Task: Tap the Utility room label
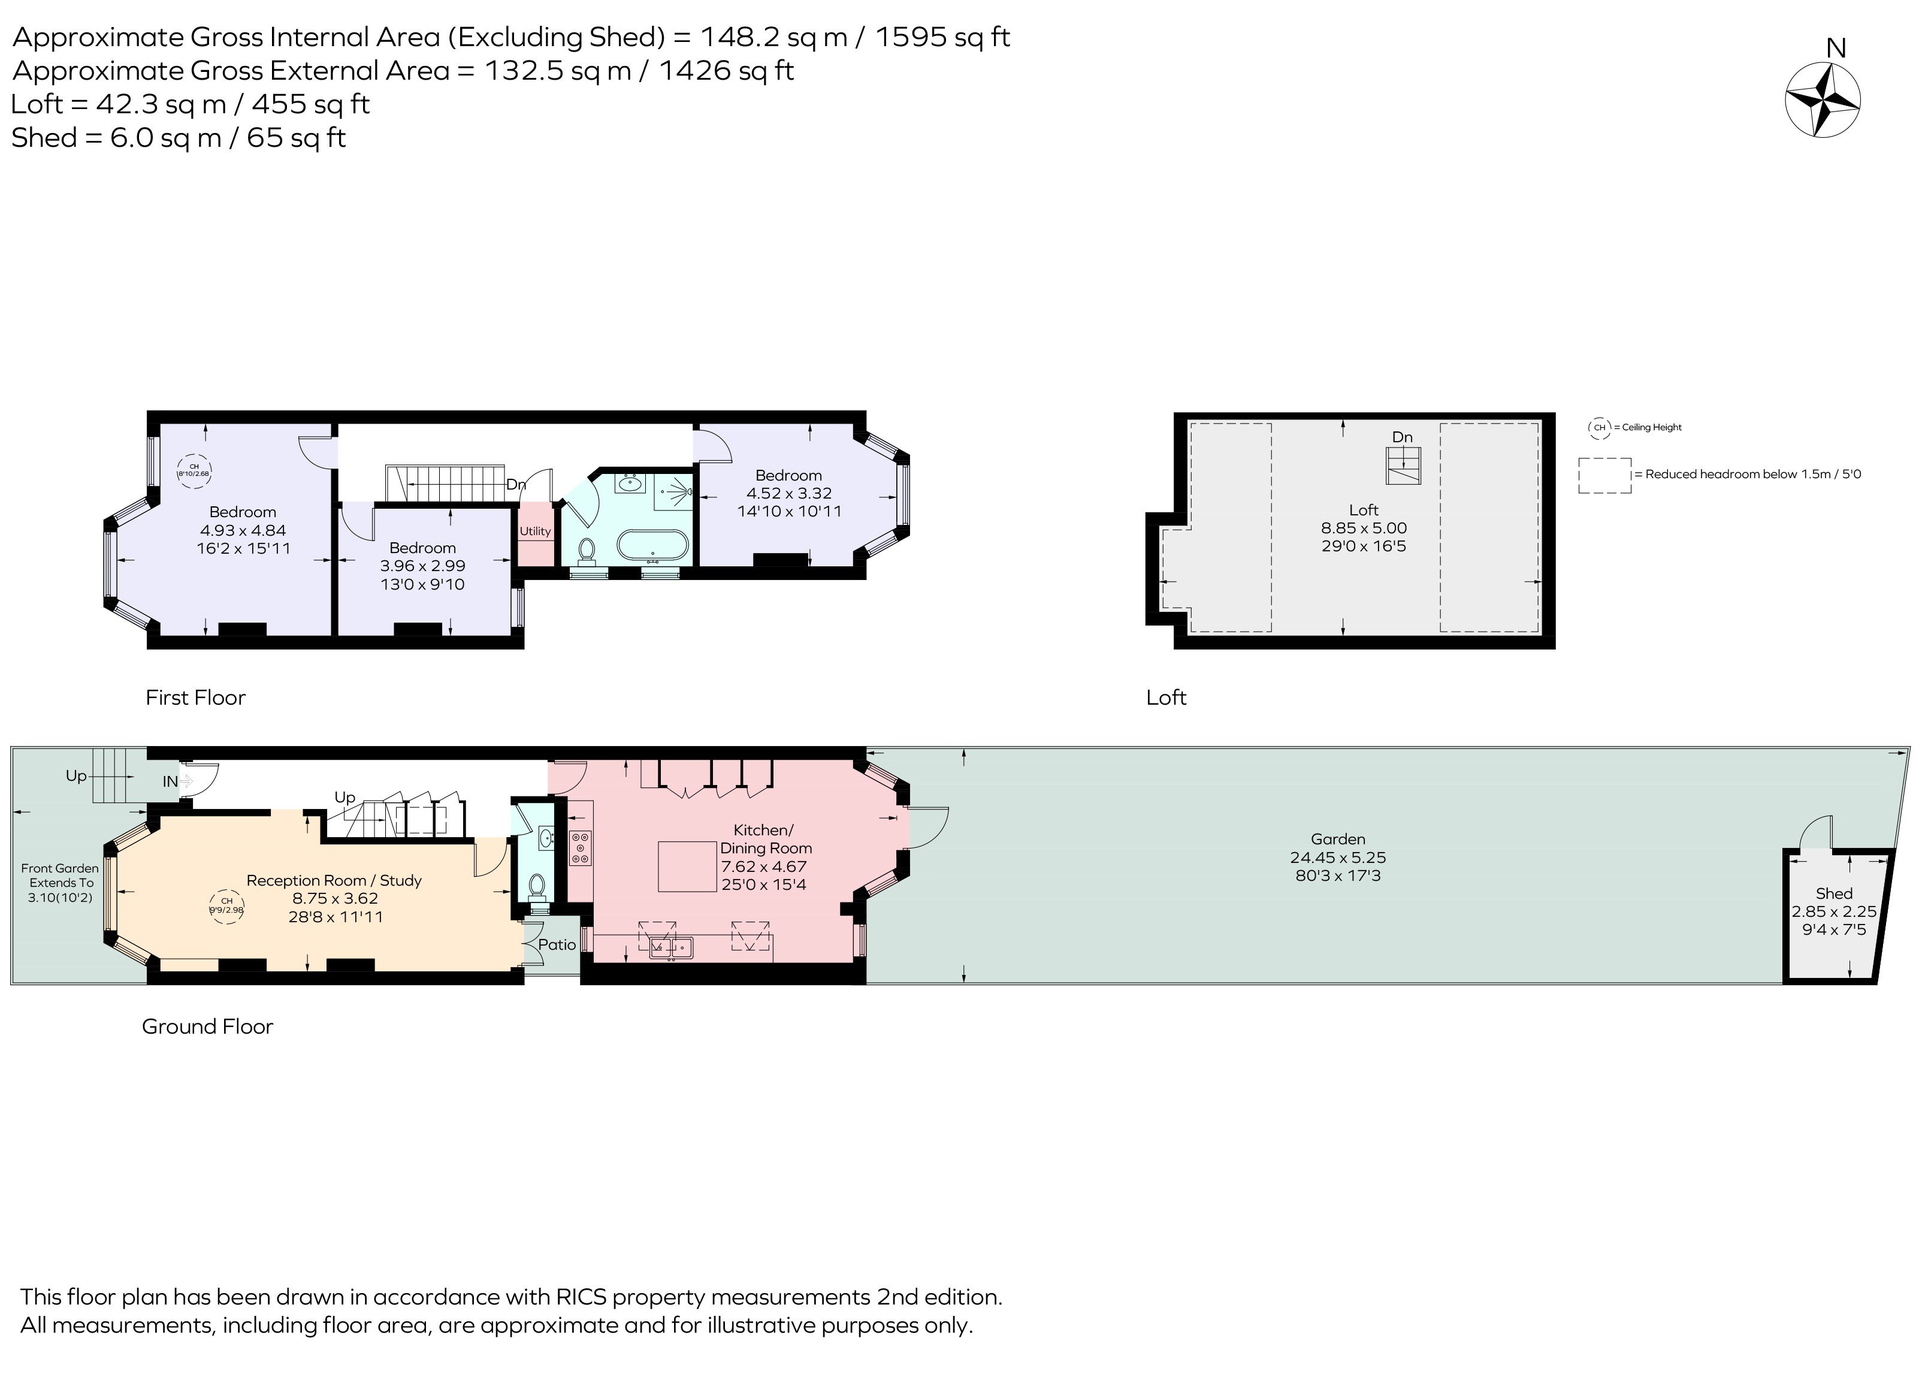point(535,532)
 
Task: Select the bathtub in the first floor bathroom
point(652,546)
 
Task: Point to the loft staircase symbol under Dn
point(1403,466)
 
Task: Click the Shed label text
point(1834,893)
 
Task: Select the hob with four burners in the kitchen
point(581,848)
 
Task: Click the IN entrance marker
point(171,782)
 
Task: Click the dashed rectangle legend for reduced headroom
point(1604,475)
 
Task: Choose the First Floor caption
point(195,697)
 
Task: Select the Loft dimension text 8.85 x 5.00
point(1364,528)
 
